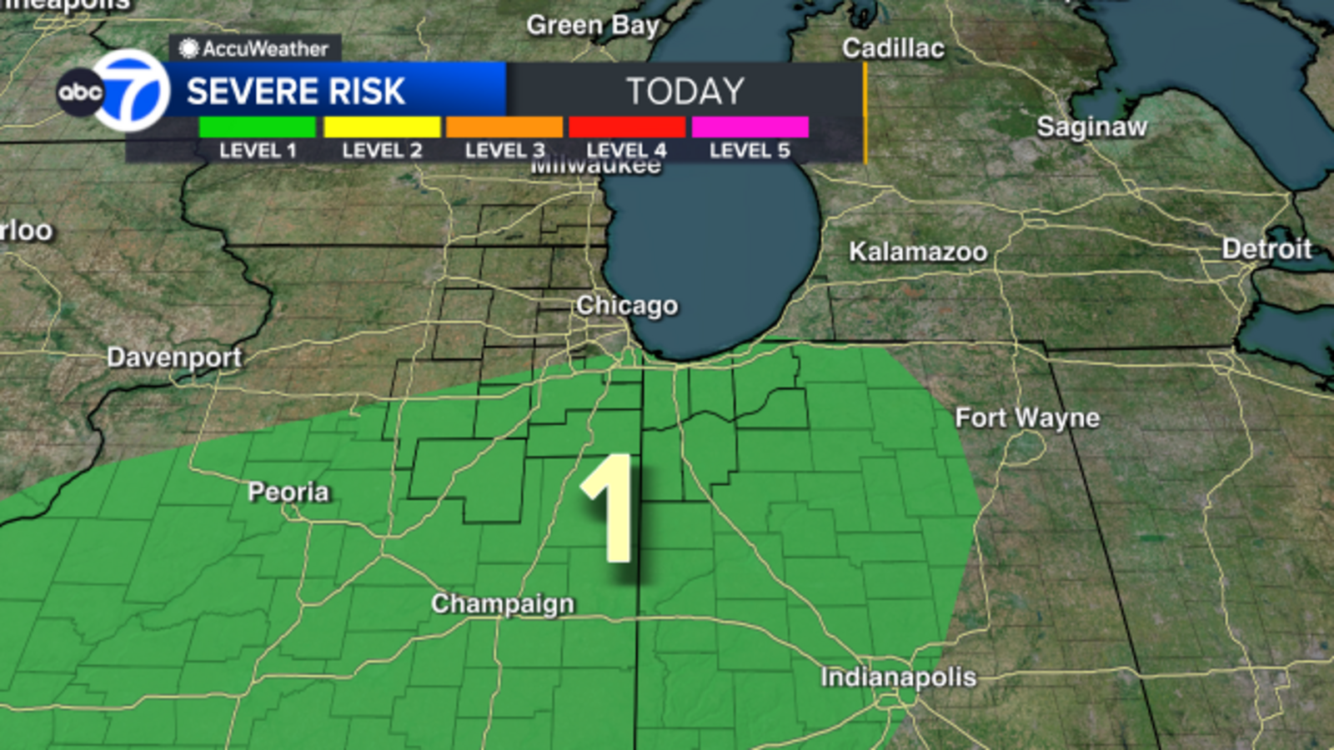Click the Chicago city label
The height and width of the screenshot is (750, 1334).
[x=627, y=306]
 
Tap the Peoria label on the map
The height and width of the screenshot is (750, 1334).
[x=288, y=492]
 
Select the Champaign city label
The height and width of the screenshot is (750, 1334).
[x=503, y=603]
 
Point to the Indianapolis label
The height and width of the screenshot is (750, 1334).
[x=898, y=677]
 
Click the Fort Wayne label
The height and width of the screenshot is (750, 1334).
[x=1027, y=417]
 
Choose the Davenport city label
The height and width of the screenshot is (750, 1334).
[x=174, y=357]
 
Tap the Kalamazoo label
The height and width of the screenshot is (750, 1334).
[x=918, y=252]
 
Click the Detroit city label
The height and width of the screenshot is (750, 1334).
[x=1266, y=248]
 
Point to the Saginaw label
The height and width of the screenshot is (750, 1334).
[x=1091, y=127]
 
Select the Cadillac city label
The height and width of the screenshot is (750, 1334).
[x=893, y=48]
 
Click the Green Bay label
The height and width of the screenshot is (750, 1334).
[x=593, y=25]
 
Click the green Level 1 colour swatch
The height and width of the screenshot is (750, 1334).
[x=257, y=127]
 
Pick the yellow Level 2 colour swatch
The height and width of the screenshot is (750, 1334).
[x=382, y=127]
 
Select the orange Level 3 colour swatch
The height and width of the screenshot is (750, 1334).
[x=504, y=127]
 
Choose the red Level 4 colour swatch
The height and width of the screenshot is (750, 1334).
[x=627, y=127]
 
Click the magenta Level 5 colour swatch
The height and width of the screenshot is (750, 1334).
[x=750, y=127]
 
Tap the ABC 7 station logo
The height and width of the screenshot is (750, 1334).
[x=115, y=91]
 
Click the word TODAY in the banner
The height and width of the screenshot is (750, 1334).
[x=685, y=91]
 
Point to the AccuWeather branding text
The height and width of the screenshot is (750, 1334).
[x=256, y=48]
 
